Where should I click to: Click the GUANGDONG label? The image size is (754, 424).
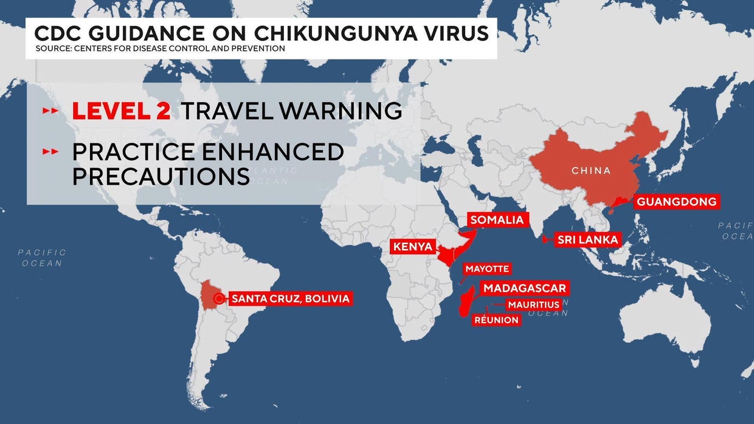677,202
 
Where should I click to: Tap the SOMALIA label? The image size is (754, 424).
497,220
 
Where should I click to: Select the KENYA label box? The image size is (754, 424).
413,247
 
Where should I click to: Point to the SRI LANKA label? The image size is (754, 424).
587,239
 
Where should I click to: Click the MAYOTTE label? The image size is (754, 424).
486,268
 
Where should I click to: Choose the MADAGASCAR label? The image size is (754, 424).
524,288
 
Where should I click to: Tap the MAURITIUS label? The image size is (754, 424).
533,304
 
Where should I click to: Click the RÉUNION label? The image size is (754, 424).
496,320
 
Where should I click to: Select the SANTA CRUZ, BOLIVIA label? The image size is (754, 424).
291,298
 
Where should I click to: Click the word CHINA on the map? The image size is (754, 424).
591,171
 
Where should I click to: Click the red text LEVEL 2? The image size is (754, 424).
121,111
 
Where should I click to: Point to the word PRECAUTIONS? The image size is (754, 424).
161,177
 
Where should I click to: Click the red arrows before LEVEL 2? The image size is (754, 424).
50,112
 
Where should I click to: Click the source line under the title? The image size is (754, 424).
160,49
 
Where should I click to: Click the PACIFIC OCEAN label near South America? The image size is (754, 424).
42,258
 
